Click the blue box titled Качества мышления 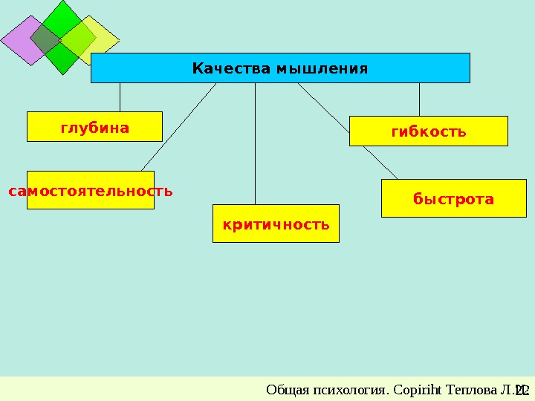coord(280,68)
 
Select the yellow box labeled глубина coord(94,127)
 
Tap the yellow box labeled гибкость coord(429,131)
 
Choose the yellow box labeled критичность coord(276,224)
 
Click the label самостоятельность coord(91,191)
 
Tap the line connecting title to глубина coord(120,97)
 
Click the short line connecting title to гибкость coord(419,99)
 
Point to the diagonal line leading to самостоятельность coord(178,126)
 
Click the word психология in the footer coord(337,390)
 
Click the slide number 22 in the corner coord(522,390)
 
